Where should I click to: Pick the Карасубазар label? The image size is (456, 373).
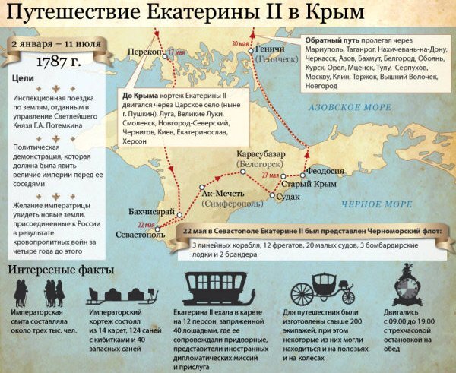point(261,154)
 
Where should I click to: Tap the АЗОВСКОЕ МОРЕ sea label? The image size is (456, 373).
point(348,109)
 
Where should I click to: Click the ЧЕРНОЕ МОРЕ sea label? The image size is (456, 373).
point(376,204)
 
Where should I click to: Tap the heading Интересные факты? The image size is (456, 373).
point(62,270)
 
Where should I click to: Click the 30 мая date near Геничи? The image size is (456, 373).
point(240,43)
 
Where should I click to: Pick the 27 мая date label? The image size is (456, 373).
point(271,175)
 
